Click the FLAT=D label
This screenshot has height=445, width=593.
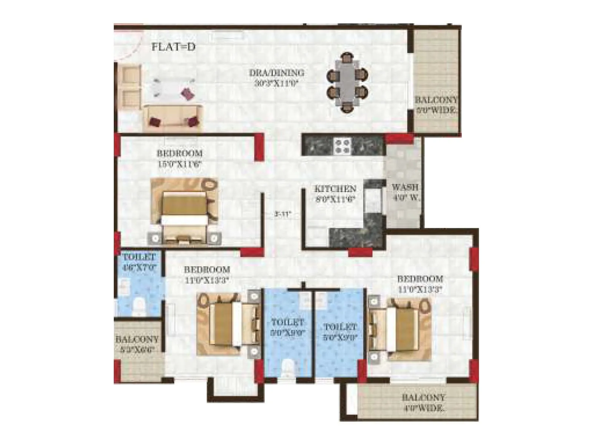(x=173, y=47)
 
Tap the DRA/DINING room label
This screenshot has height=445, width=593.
(x=276, y=73)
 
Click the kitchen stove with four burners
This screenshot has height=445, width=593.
(x=343, y=145)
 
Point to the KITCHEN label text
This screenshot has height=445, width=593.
(x=335, y=189)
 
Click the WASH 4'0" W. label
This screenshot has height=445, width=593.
(x=405, y=192)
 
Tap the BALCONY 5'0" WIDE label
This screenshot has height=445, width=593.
(x=436, y=105)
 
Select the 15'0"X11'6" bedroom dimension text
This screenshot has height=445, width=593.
(x=179, y=164)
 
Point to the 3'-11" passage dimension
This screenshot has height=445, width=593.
(x=283, y=214)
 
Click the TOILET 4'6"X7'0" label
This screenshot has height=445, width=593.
(x=139, y=262)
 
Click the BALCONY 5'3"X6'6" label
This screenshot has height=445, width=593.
(x=137, y=344)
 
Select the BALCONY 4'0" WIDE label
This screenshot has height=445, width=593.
(x=423, y=403)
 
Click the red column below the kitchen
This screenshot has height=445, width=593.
(x=360, y=252)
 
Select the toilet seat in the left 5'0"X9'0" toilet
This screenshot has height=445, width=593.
(x=287, y=369)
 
